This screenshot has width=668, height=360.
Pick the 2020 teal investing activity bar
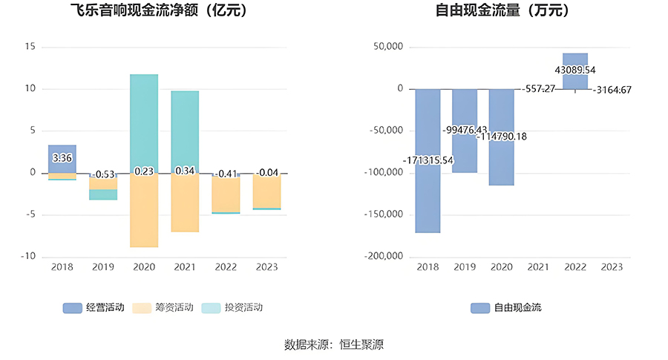click(x=144, y=122)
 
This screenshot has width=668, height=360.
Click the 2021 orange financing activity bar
click(x=185, y=204)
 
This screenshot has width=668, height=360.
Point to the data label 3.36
click(x=62, y=158)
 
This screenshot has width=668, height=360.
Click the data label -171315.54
click(x=428, y=160)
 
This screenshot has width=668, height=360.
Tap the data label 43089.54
click(x=575, y=71)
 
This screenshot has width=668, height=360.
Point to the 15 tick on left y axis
click(x=30, y=47)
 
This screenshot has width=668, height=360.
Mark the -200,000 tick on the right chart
click(x=383, y=257)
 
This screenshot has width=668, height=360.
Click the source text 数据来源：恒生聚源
click(x=333, y=344)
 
